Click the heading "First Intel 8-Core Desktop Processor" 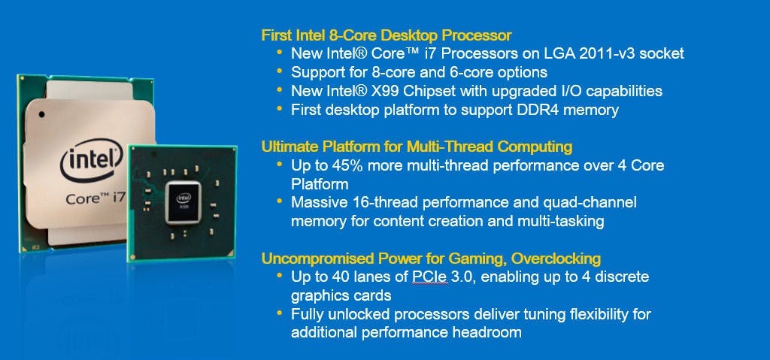point(386,35)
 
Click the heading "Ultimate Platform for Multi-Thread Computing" point(417,147)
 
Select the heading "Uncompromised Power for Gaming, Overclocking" point(431,258)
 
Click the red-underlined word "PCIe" point(429,277)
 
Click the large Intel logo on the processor point(91,159)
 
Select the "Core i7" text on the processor point(95,198)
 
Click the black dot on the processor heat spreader point(41,114)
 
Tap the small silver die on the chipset point(183,202)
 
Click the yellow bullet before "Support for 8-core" point(280,71)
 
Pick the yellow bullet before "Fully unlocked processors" point(280,313)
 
